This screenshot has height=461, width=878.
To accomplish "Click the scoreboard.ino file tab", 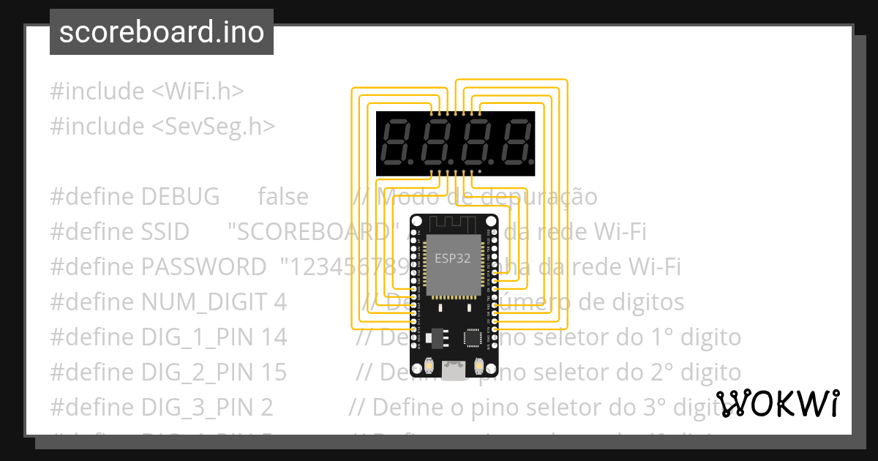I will pos(161,33).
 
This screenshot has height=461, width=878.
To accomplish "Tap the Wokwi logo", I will pos(778,404).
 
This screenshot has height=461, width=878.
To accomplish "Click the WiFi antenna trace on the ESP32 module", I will pos(454,224).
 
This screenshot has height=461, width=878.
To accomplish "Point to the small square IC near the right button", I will pos(472,337).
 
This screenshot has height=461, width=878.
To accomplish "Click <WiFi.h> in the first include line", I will pos(198,91).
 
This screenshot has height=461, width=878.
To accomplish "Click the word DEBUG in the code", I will pos(180,197).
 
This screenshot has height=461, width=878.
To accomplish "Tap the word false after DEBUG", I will pos(282,197).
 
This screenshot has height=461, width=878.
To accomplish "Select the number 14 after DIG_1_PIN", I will pos(274,337).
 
